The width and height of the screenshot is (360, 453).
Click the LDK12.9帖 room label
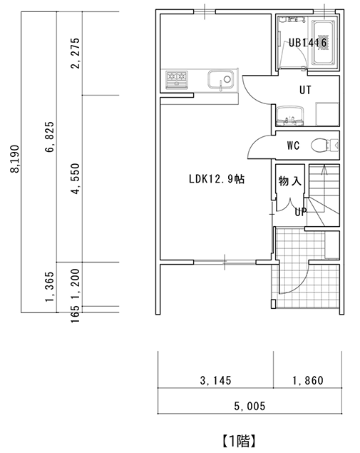point(217,179)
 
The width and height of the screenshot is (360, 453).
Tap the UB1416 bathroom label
point(308,43)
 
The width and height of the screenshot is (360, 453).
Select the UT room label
point(305,90)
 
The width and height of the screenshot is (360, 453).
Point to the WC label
point(293,146)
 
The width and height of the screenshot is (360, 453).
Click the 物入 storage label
point(290,181)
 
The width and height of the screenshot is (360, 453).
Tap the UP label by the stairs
point(300,212)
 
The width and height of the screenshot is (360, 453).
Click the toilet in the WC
point(324,145)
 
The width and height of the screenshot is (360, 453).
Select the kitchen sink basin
point(220,80)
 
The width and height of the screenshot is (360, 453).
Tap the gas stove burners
point(177,78)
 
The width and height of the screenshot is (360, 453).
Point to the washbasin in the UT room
point(290,116)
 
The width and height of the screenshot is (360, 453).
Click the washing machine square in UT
point(326,114)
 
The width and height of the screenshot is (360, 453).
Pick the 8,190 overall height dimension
point(14,158)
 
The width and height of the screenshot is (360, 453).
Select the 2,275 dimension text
point(75,53)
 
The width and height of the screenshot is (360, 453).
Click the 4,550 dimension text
point(75,179)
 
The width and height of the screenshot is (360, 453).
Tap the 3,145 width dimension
point(216,380)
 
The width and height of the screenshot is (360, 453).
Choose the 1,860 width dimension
point(308,380)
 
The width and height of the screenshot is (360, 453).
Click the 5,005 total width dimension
point(250,406)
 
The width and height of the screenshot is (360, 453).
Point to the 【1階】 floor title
point(239,441)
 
